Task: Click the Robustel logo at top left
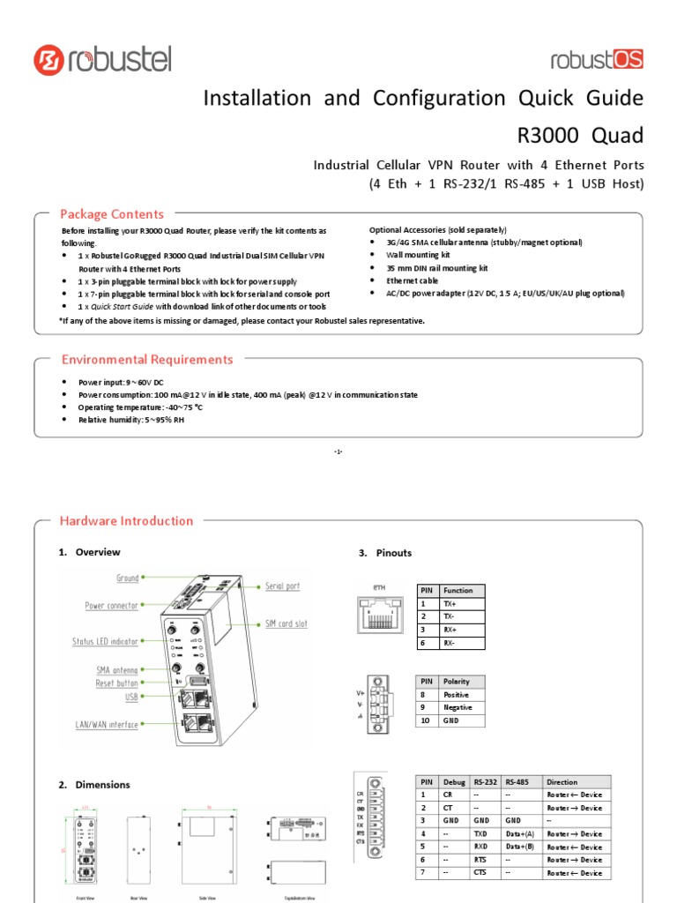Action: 102,60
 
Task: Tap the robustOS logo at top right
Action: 597,59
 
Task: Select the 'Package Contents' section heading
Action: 111,214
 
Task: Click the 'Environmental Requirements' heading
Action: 146,360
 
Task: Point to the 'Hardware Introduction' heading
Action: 126,521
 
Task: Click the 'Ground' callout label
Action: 128,578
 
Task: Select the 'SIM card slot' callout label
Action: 286,623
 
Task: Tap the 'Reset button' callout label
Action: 117,683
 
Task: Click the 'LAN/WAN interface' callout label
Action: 107,725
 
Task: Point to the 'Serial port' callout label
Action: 282,586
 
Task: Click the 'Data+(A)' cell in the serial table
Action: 521,833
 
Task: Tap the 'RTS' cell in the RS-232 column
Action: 480,860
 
